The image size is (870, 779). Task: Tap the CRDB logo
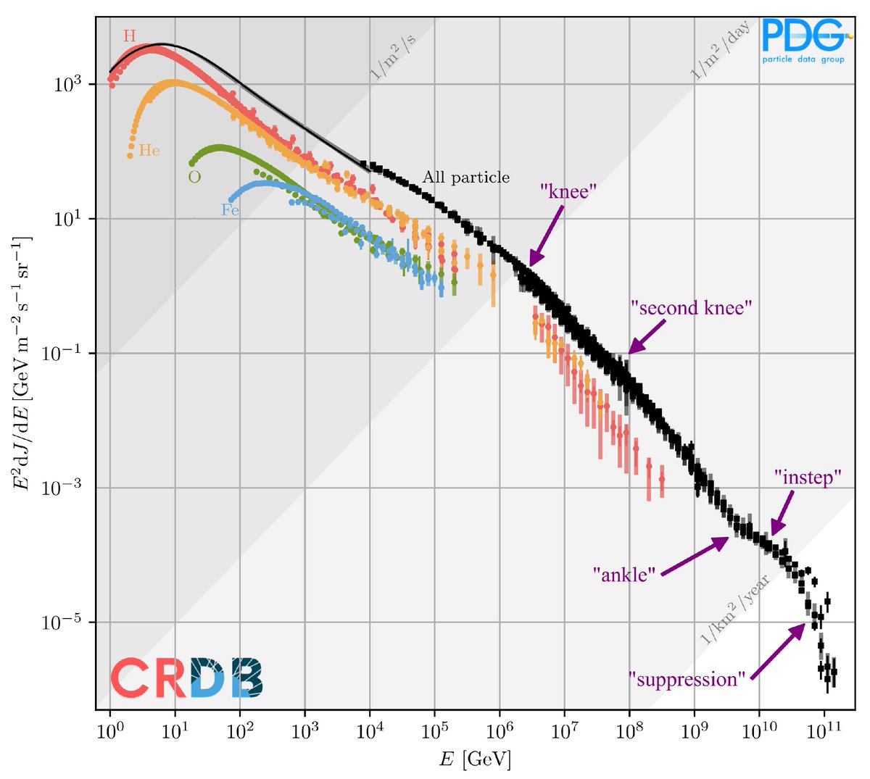(186, 678)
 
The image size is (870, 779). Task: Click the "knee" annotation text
(568, 191)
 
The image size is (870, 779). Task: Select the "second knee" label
(691, 308)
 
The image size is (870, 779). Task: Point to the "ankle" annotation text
(624, 575)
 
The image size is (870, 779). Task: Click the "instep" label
(808, 478)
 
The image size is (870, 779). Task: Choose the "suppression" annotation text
(687, 680)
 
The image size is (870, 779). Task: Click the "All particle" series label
(466, 178)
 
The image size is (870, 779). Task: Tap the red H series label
(129, 36)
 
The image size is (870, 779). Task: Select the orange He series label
(149, 151)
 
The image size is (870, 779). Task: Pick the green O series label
(194, 177)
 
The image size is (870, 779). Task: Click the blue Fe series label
(230, 211)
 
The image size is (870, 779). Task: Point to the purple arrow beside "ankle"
(695, 556)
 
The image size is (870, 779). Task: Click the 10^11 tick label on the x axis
(824, 729)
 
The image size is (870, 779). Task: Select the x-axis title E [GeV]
(475, 759)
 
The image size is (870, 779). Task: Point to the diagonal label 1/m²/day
(720, 51)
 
